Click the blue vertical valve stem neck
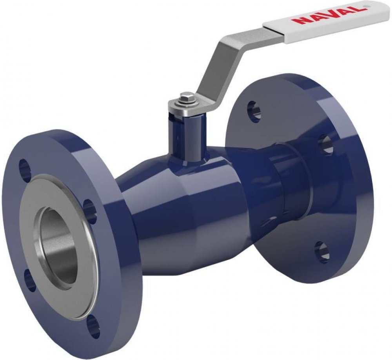coord(186,138)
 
